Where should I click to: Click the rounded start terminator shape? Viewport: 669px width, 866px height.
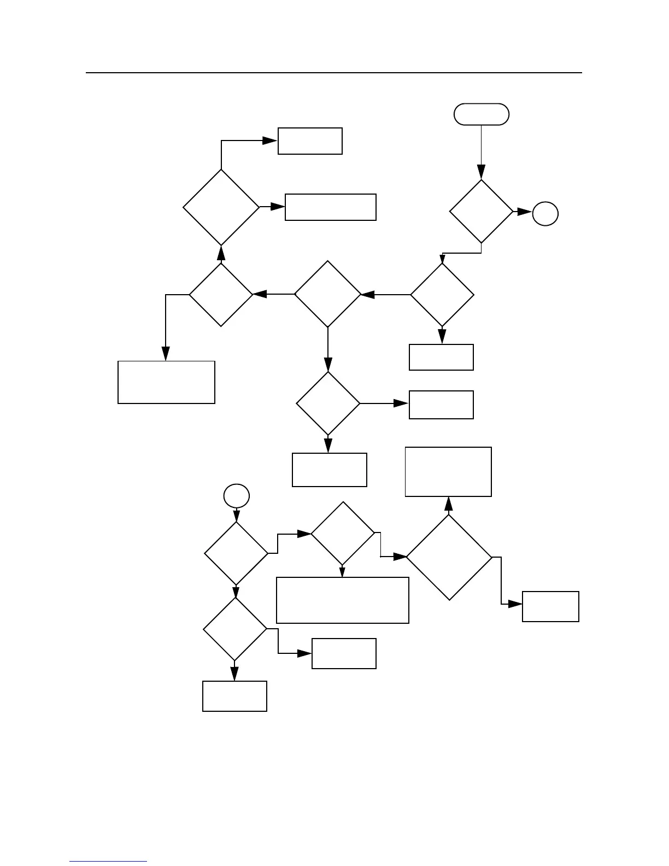482,114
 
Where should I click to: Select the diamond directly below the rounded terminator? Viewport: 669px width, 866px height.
482,211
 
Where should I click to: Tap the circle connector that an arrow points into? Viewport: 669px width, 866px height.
545,214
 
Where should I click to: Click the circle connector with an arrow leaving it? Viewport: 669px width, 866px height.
237,496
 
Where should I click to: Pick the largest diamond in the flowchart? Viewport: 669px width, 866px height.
449,557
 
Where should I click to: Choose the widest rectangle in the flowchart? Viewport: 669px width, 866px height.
343,600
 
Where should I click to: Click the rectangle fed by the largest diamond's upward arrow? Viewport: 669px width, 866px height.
448,472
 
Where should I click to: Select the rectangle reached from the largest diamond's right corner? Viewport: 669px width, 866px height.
550,606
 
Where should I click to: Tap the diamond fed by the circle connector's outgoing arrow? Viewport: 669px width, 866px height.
236,554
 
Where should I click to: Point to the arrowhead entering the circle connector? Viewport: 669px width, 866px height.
525,212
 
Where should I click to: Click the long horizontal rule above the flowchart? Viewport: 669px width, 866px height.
333,72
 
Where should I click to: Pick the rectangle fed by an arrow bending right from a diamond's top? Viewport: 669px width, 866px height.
310,141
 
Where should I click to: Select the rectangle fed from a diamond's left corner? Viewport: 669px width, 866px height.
166,382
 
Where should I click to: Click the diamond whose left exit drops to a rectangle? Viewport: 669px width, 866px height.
221,295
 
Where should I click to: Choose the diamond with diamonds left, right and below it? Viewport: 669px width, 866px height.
328,294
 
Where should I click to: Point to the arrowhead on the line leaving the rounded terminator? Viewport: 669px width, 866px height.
482,172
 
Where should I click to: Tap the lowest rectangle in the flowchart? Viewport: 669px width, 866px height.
234,696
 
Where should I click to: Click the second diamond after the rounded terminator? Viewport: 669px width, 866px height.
442,295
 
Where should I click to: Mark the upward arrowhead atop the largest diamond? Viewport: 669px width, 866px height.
449,504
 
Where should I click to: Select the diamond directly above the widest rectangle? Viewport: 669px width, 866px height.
343,533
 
